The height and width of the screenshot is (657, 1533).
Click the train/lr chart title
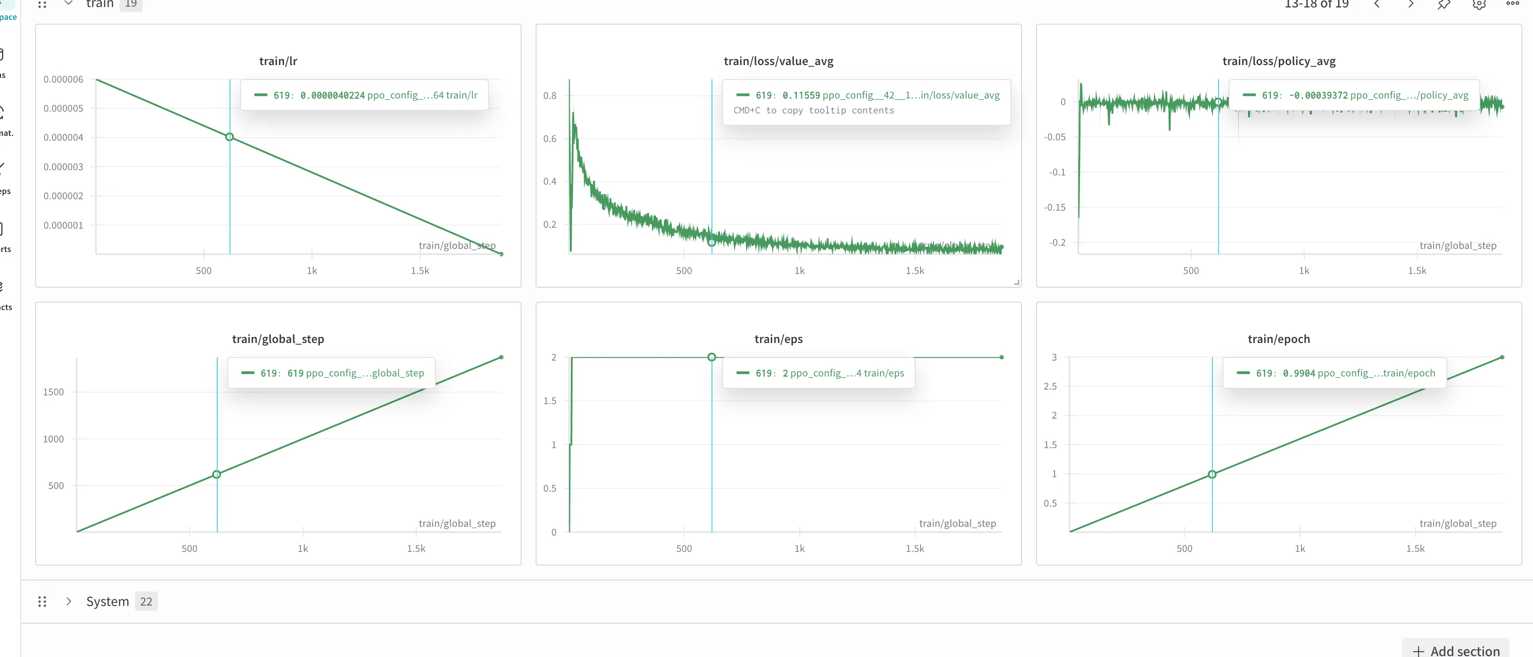point(278,61)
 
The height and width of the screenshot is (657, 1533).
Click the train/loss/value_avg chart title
point(778,61)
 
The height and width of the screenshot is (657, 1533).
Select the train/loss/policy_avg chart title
point(1278,61)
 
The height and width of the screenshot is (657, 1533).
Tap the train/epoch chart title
point(1278,339)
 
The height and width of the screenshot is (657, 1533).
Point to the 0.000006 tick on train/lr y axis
point(63,79)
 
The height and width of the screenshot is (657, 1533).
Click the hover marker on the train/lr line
point(230,137)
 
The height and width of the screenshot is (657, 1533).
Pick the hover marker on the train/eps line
point(711,357)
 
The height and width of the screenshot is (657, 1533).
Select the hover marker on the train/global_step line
point(217,474)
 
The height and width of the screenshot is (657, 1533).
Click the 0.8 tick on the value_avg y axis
point(549,95)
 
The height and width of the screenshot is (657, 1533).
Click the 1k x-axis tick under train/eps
point(799,548)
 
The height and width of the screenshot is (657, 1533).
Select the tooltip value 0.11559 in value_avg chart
point(800,95)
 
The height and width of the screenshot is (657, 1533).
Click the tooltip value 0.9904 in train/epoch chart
point(1299,373)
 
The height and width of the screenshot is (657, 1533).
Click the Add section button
point(1456,650)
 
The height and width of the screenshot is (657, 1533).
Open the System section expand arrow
point(69,601)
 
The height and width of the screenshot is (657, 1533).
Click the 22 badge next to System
point(146,602)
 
